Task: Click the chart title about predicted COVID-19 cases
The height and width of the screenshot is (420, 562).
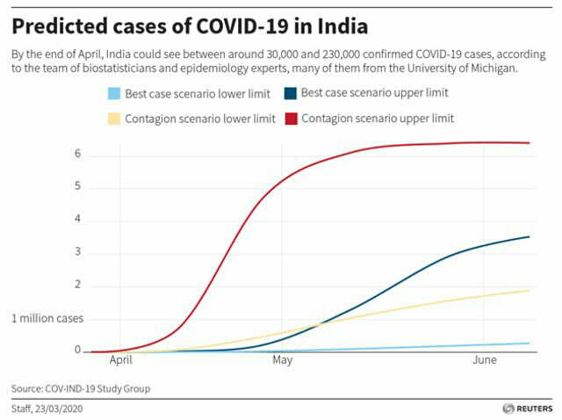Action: coord(189,25)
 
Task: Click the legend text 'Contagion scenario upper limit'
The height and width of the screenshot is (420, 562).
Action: coord(377,118)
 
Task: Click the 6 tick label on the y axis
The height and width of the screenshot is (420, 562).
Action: coord(77,154)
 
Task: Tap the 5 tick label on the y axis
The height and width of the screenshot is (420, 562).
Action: coord(77,186)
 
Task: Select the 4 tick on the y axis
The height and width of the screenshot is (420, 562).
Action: coord(77,220)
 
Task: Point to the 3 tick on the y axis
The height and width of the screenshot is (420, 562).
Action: coord(77,252)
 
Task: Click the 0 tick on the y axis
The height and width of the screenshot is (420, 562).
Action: coord(77,351)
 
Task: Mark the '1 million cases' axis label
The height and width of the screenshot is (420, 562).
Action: coord(47,318)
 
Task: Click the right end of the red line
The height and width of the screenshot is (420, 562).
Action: coord(530,142)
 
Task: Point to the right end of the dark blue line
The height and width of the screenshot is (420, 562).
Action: coord(530,236)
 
